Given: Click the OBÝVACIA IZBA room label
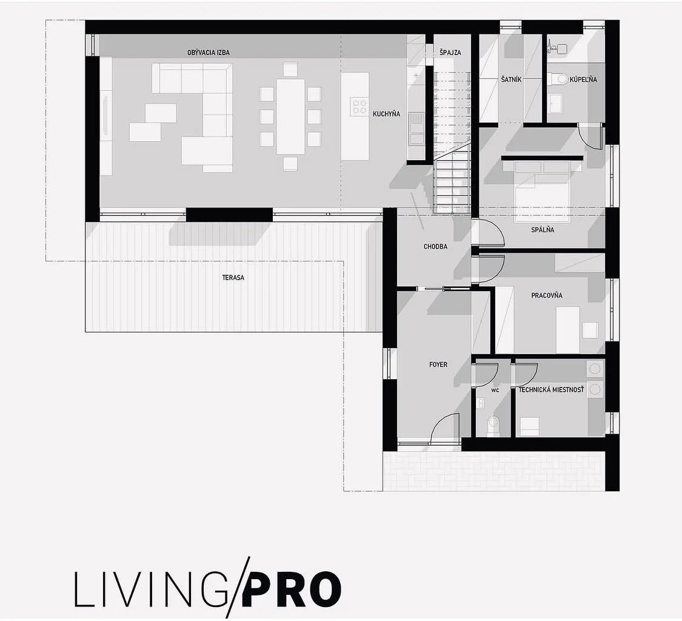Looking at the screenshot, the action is point(209,52).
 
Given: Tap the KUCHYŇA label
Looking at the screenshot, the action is point(386,114).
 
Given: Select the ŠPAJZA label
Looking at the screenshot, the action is point(450,52).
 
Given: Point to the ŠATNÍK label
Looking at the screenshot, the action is point(511,79).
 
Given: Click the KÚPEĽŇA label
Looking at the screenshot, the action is point(583,79).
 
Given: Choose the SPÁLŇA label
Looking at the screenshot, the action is point(543,229).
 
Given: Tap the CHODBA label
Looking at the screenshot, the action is point(435,246).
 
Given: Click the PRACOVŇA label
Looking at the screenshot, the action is point(547,295).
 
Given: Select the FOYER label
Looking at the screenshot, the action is point(438,364).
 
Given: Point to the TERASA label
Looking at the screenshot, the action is point(233,277).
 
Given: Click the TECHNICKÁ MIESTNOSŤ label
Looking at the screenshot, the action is point(551,389).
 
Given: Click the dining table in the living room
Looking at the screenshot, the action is point(290,116).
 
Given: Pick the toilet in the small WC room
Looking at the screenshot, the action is point(493,423).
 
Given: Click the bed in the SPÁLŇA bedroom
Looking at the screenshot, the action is point(542,190).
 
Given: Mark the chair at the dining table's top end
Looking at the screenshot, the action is point(290,70).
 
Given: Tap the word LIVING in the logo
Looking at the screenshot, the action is point(151,589).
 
